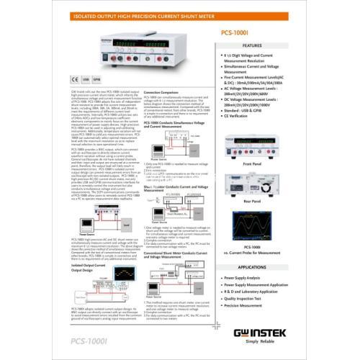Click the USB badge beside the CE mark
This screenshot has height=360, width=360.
87,80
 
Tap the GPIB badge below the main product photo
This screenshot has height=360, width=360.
99,80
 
